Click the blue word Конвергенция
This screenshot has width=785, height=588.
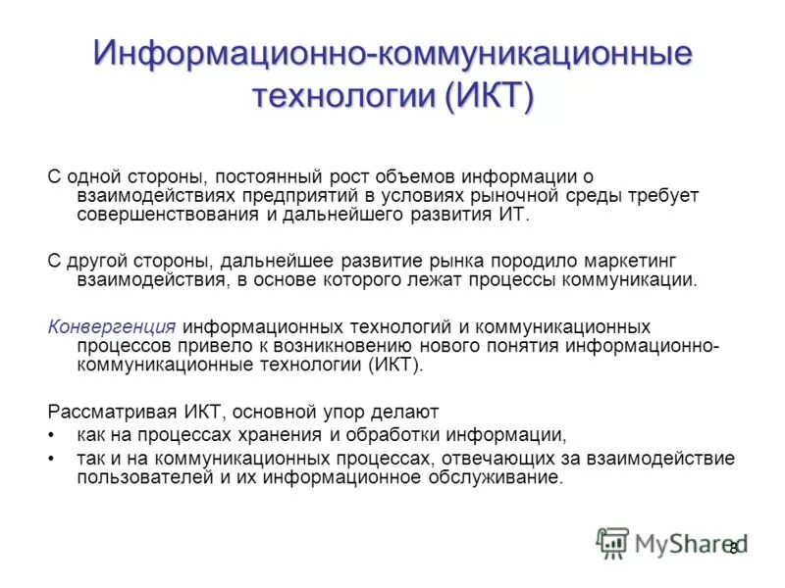pos(111,326)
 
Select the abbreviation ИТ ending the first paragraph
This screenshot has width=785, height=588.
pos(514,214)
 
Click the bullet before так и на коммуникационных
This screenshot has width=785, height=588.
pos(52,459)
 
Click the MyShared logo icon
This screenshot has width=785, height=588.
pos(612,542)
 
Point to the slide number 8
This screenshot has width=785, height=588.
pos(732,548)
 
